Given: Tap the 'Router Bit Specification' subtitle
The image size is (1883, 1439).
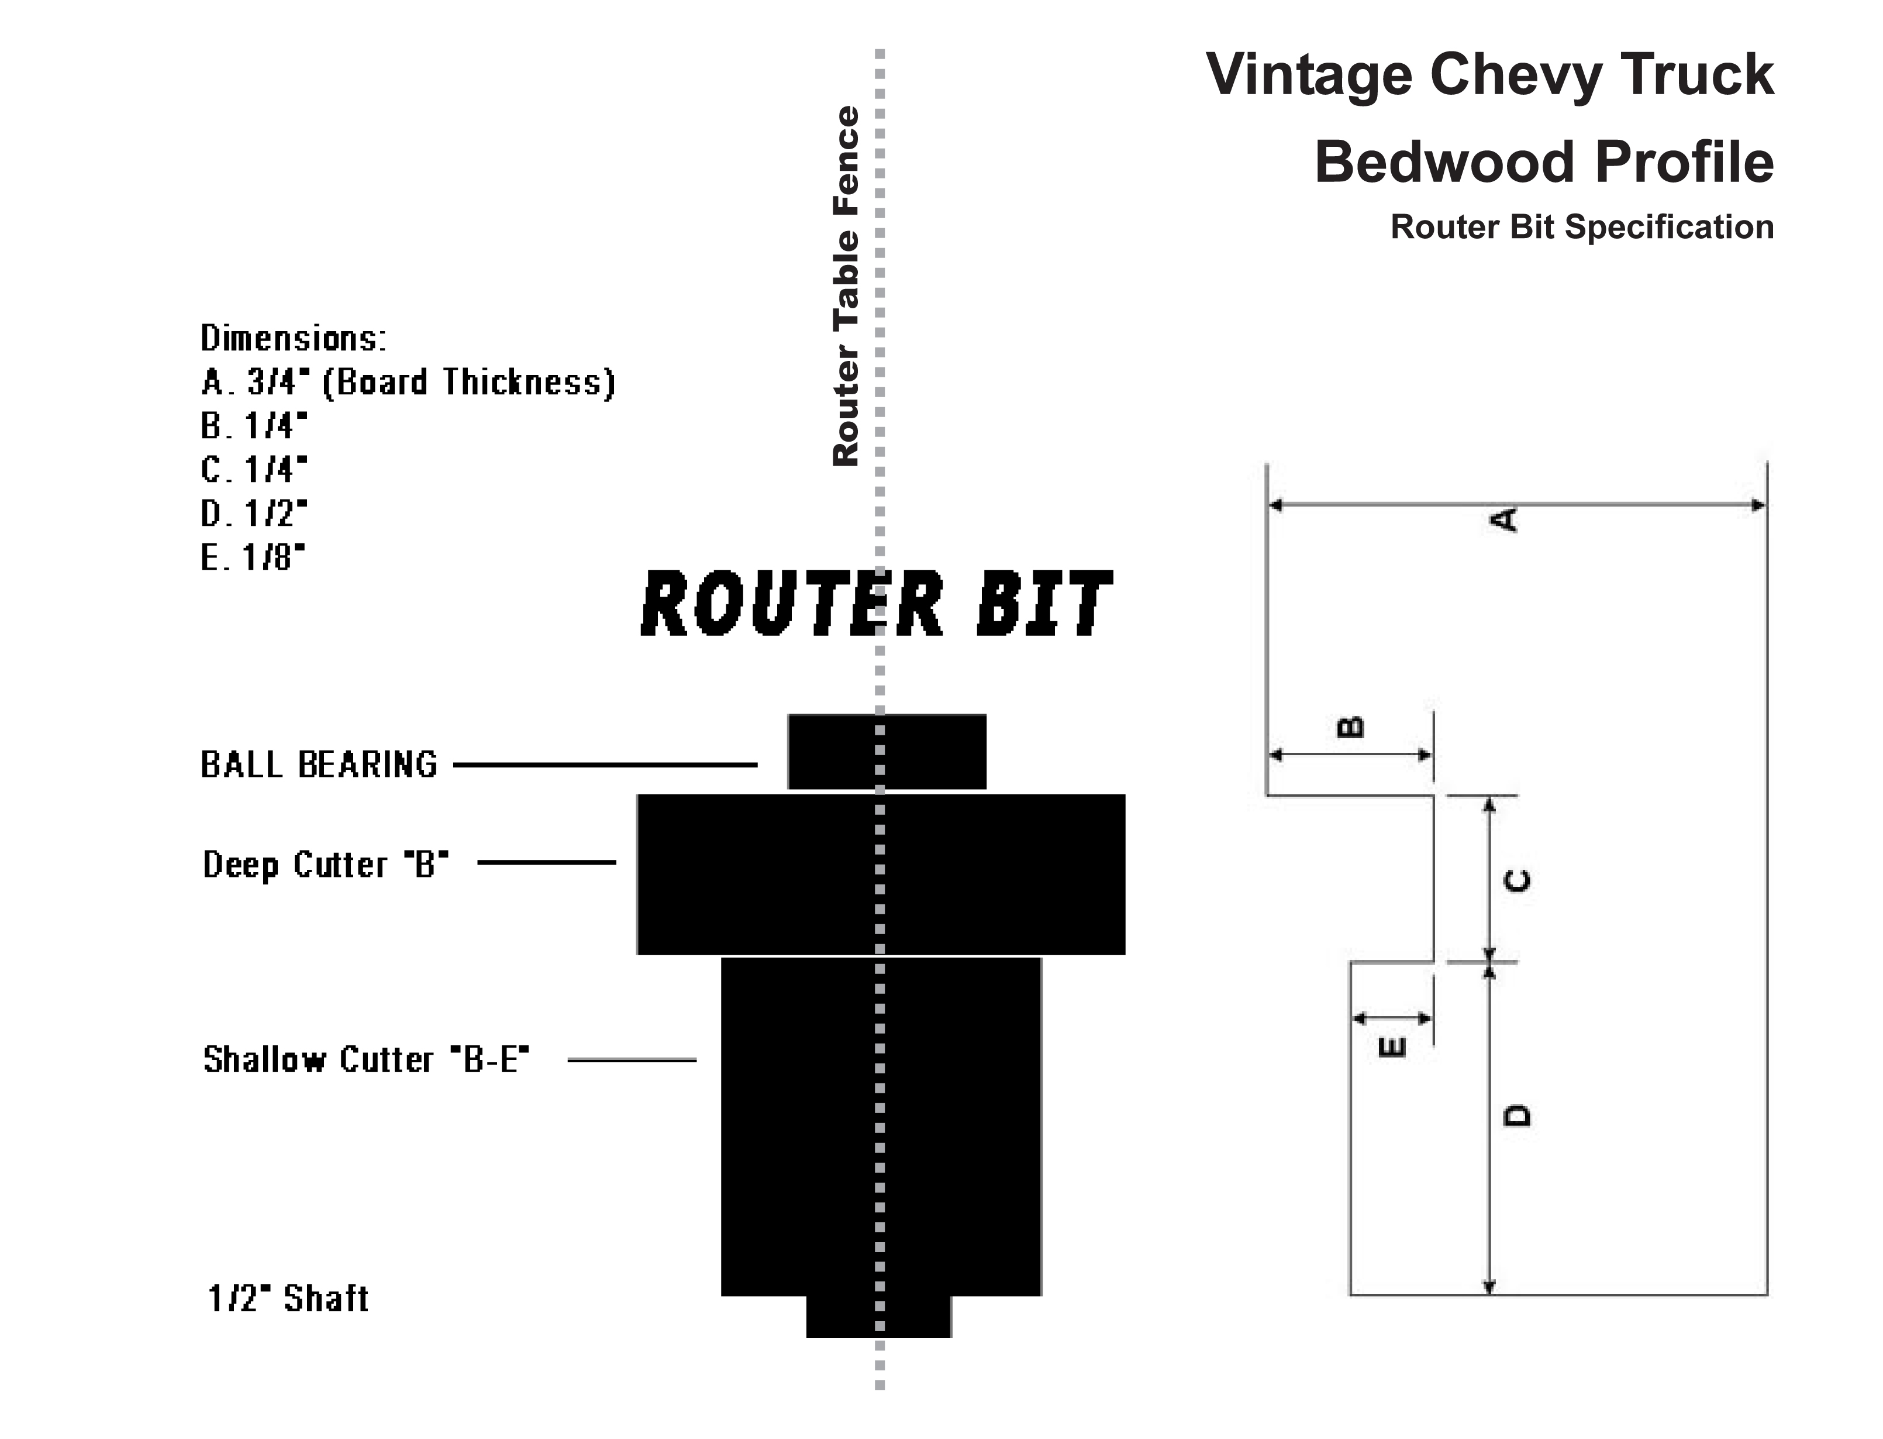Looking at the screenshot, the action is [1582, 227].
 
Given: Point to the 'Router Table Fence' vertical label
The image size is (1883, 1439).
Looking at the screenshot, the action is [845, 286].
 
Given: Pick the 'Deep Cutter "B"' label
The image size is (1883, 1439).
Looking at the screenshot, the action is [325, 864].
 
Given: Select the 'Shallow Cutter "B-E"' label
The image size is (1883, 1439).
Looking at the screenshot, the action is [365, 1059].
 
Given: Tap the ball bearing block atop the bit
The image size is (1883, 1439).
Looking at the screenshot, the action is [887, 751].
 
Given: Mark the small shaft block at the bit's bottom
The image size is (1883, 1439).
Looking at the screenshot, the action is [878, 1317].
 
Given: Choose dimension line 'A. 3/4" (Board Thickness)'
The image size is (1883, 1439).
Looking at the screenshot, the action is [408, 382].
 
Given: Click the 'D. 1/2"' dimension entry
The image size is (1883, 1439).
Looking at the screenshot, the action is [253, 513].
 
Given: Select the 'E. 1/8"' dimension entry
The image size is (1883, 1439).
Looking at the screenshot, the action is [253, 557].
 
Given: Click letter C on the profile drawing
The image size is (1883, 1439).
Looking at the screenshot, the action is [1518, 880].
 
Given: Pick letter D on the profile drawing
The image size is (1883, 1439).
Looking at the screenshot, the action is [1518, 1115].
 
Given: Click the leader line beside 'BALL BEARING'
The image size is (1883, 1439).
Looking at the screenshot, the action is [605, 764].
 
